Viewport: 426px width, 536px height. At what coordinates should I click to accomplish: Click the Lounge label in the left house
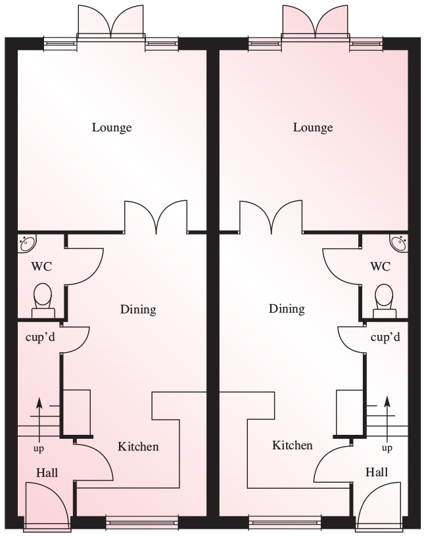[x=112, y=128]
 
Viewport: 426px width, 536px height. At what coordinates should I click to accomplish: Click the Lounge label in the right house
[x=313, y=128]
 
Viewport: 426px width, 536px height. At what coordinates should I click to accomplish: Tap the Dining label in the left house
[x=138, y=309]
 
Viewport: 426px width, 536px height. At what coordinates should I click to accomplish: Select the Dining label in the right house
[x=287, y=309]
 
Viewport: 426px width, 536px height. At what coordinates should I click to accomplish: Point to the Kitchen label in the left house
[x=138, y=447]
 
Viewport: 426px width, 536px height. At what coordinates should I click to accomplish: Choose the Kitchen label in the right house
[x=293, y=445]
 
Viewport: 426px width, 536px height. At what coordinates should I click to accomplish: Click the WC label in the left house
[x=41, y=266]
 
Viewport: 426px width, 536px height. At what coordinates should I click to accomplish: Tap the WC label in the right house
[x=380, y=266]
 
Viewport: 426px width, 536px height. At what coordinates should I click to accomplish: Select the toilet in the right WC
[x=385, y=301]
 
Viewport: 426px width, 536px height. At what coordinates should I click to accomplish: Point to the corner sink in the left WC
[x=26, y=242]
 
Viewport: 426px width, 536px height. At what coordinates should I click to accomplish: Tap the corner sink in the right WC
[x=399, y=242]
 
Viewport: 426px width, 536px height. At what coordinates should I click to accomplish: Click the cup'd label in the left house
[x=40, y=338]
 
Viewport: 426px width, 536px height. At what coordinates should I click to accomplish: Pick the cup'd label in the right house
[x=385, y=338]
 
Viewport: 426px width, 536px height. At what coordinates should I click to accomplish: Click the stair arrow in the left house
[x=39, y=420]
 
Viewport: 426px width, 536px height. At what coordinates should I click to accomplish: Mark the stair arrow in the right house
[x=387, y=419]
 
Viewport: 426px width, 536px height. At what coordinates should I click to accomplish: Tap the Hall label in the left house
[x=47, y=473]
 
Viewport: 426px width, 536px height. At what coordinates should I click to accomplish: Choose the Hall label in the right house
[x=377, y=472]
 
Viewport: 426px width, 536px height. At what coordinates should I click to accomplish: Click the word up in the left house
[x=39, y=449]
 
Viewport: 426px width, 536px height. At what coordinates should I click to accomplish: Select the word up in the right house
[x=387, y=448]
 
